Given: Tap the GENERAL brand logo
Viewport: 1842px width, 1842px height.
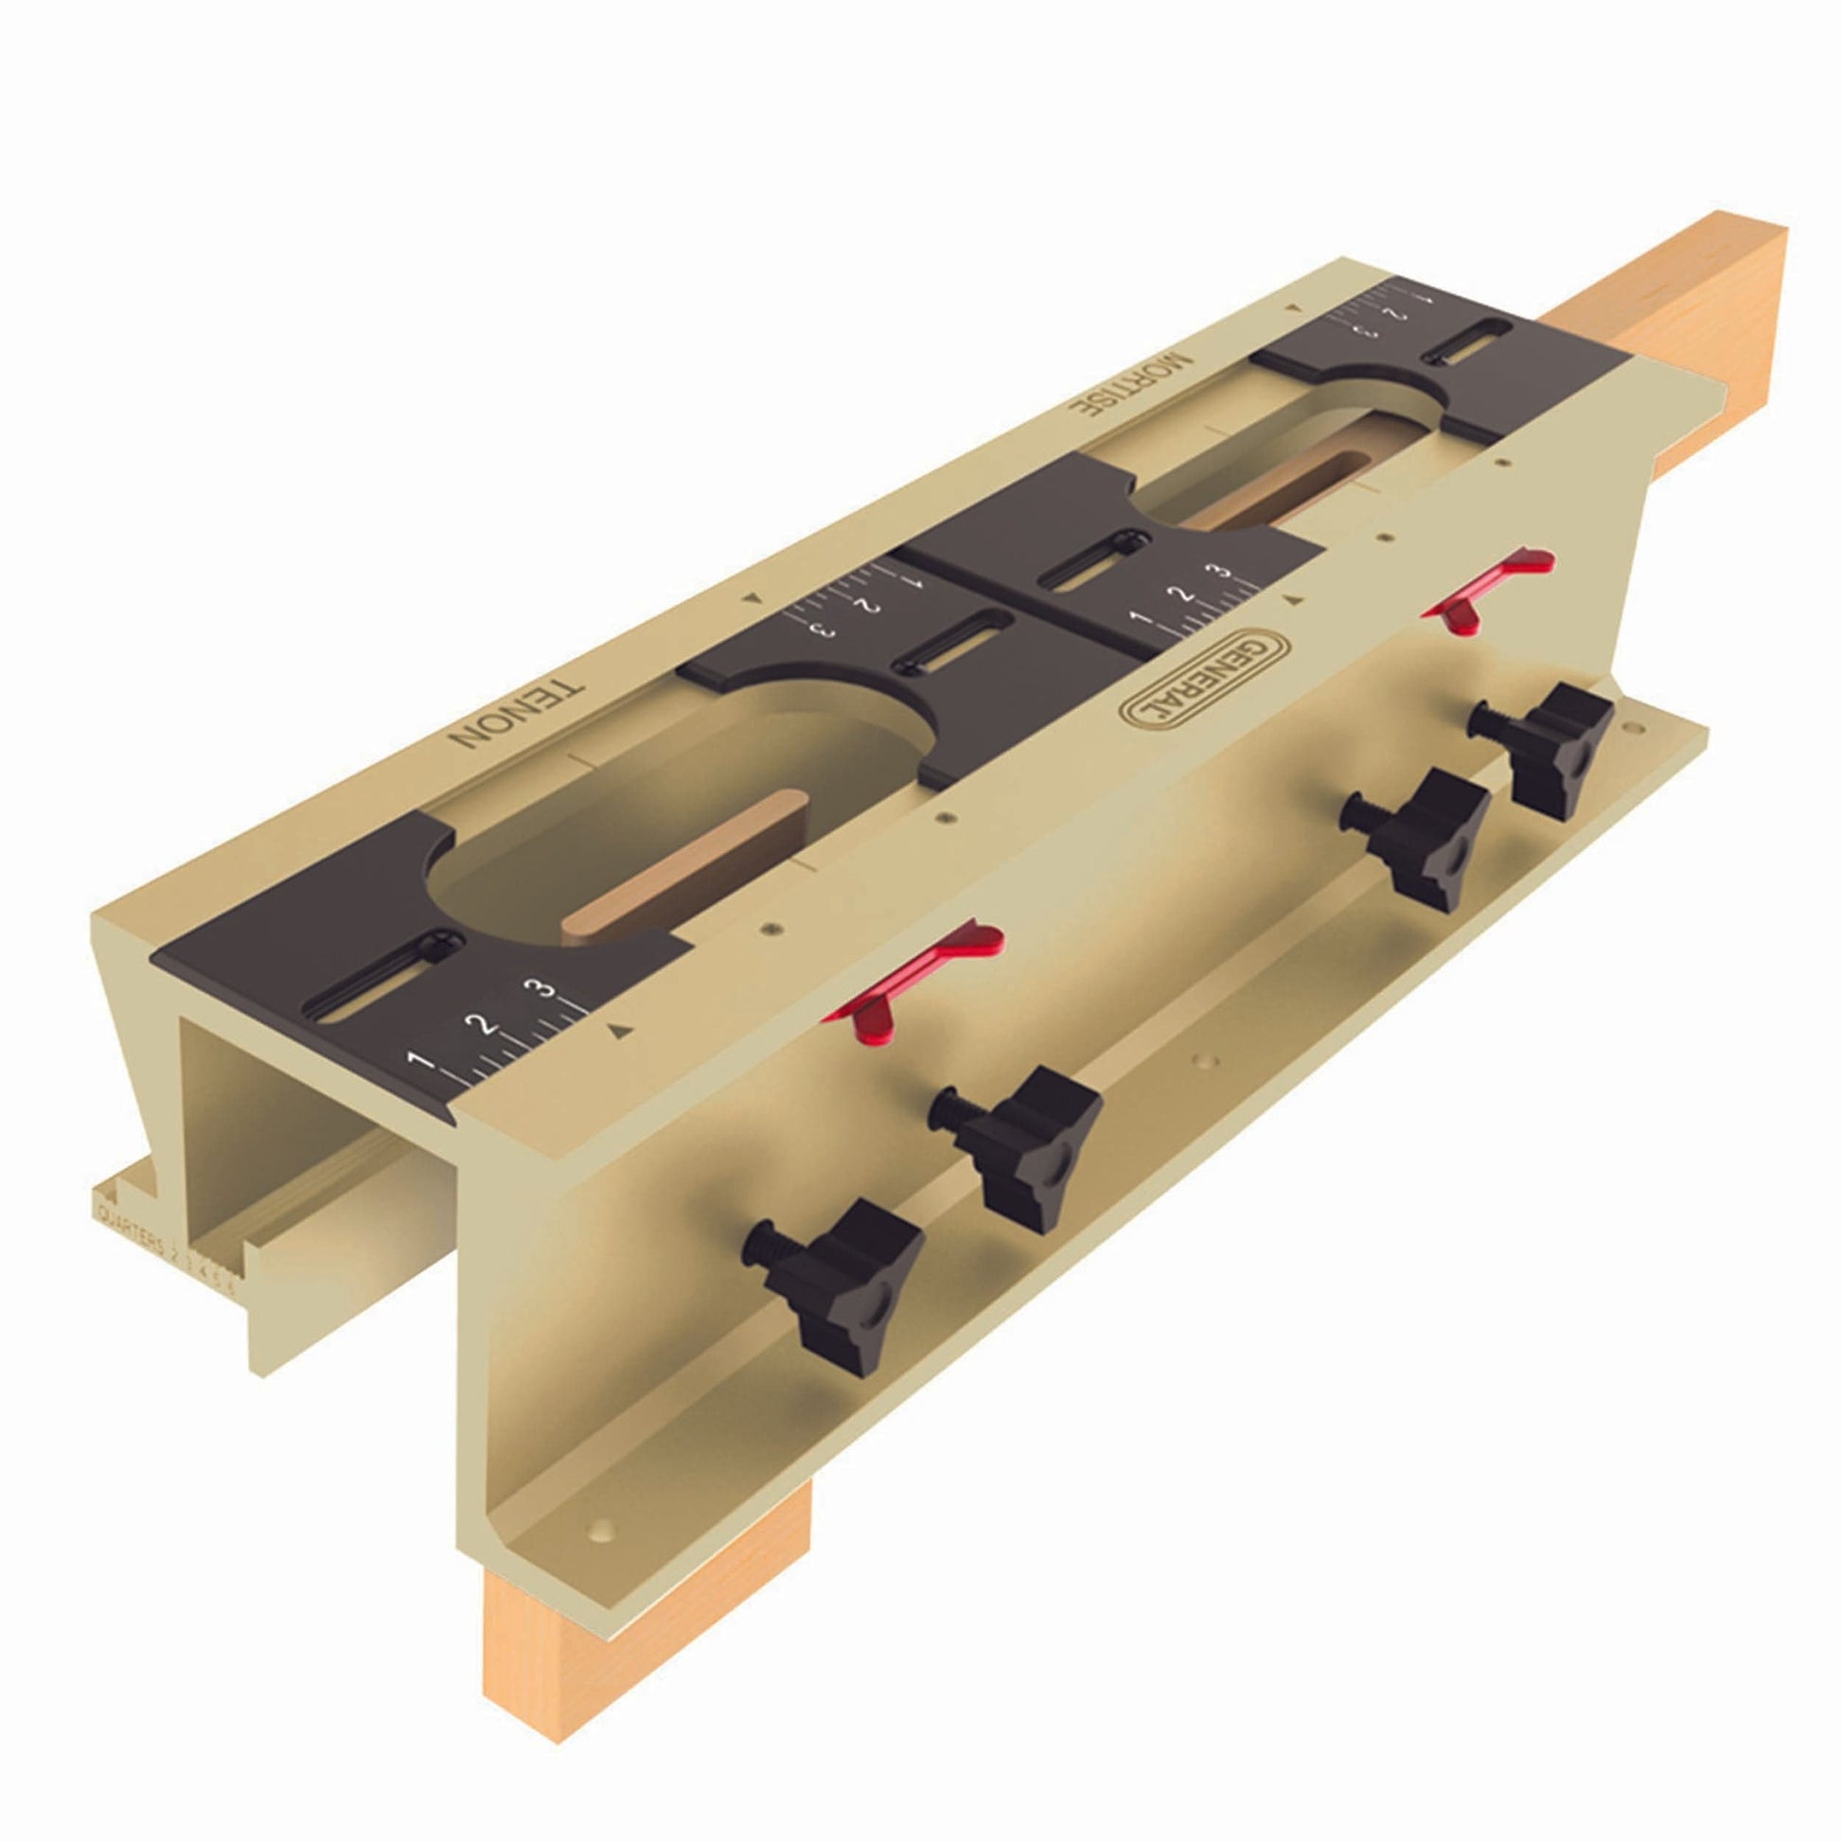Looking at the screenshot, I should pyautogui.click(x=1203, y=682).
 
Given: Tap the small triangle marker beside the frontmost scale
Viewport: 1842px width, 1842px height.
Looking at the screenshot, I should pyautogui.click(x=621, y=1029).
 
